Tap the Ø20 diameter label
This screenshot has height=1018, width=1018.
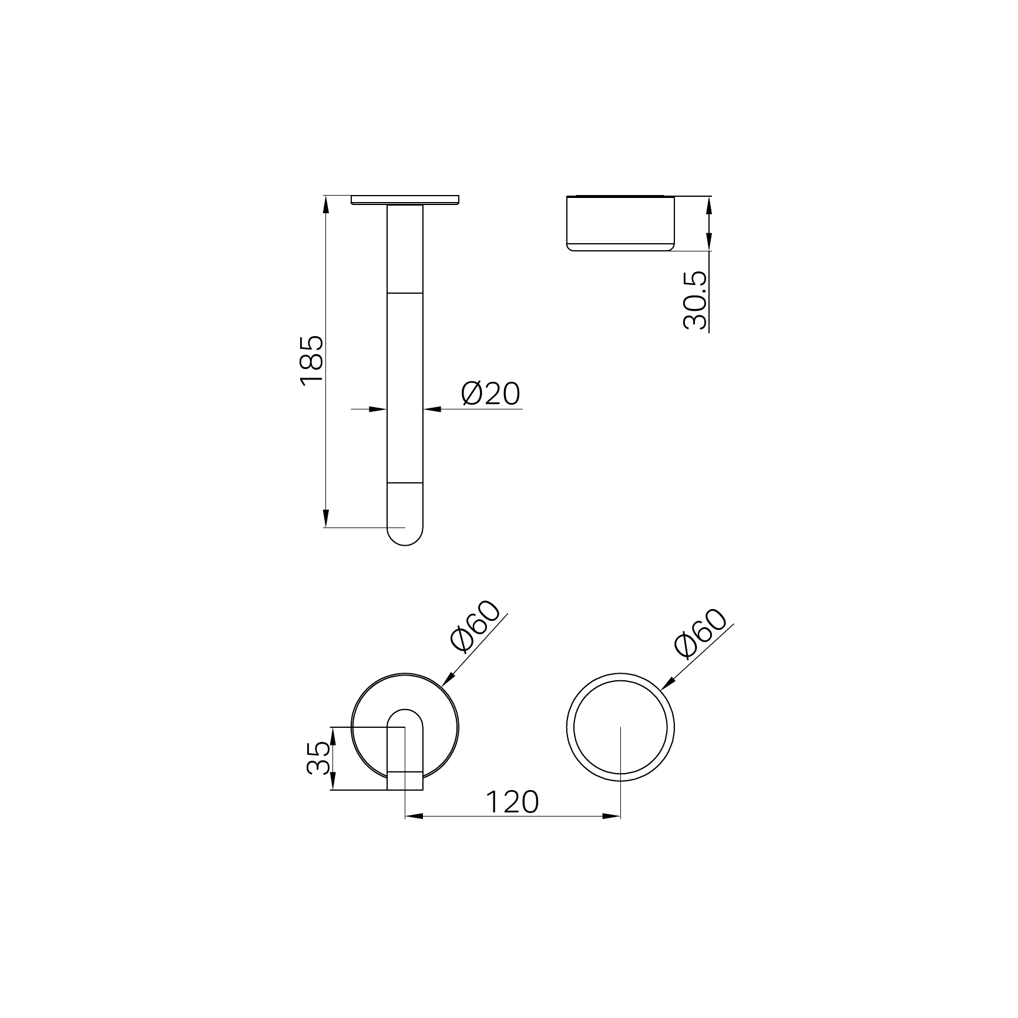click(491, 394)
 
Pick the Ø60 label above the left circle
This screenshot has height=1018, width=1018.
click(474, 627)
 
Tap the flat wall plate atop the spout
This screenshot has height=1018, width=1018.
click(405, 200)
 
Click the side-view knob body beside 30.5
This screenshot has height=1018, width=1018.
click(620, 223)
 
